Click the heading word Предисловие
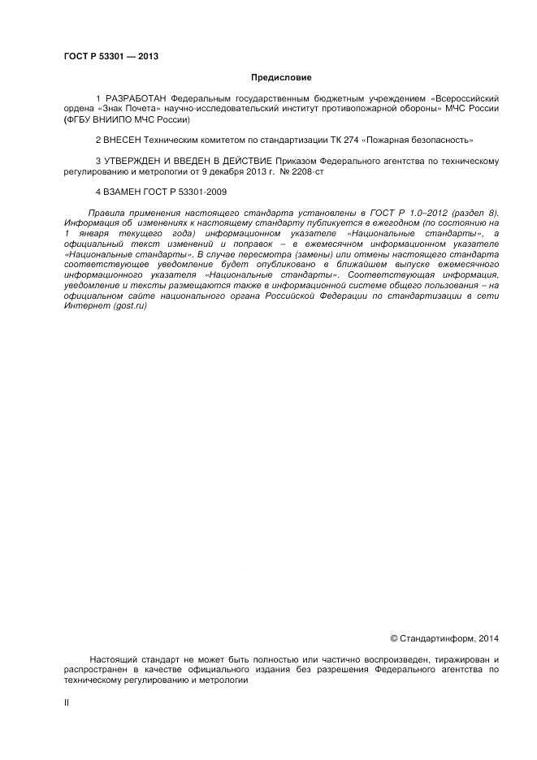point(280,78)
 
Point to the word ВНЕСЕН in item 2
point(121,140)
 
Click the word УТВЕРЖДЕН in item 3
point(132,161)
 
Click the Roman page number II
point(66,703)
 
